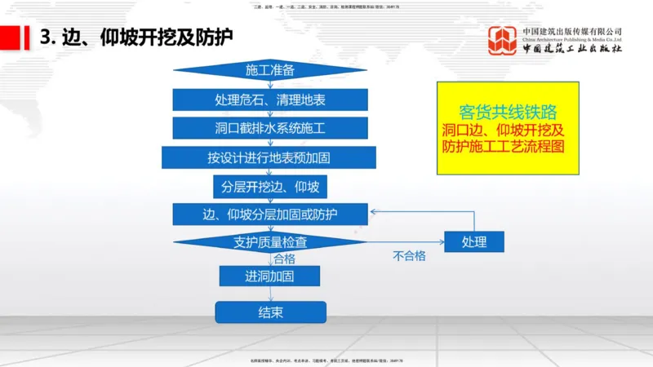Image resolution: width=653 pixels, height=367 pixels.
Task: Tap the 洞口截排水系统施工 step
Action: tap(269, 129)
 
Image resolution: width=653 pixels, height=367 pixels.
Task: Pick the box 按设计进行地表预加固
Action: tap(269, 157)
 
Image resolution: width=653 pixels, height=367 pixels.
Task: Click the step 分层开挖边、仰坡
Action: tap(269, 187)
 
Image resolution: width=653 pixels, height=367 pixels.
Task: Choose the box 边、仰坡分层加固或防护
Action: tap(269, 214)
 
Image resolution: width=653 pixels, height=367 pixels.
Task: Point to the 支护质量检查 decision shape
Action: tap(269, 241)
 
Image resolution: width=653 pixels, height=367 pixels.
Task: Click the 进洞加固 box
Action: tap(269, 276)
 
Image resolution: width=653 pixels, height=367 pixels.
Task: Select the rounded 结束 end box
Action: tap(270, 312)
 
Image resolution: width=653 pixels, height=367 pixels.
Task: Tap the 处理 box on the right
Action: tap(473, 241)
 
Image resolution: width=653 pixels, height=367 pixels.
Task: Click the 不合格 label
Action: tap(409, 256)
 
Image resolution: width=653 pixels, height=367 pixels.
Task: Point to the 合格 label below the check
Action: tap(284, 259)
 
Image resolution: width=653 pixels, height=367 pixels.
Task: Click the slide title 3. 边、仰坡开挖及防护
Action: tap(137, 37)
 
